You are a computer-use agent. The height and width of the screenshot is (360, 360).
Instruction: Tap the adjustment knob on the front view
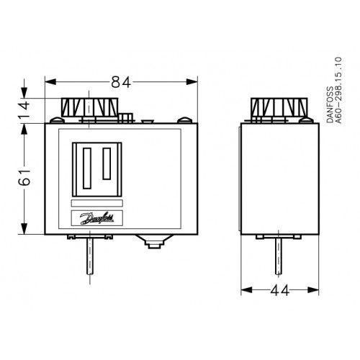[x=88, y=108]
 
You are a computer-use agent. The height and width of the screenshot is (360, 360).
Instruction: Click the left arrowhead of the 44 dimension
[x=243, y=291]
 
